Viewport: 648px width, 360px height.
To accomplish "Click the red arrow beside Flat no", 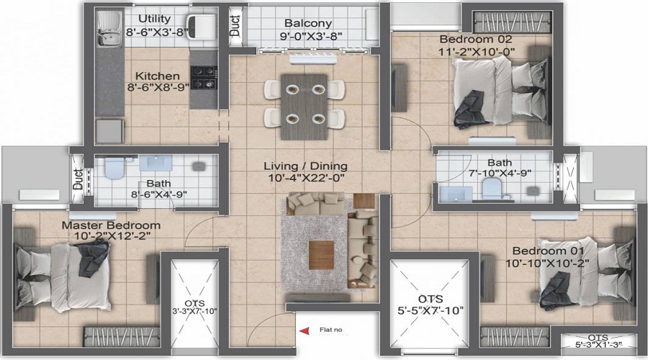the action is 305,330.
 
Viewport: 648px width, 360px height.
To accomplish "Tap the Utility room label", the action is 155,19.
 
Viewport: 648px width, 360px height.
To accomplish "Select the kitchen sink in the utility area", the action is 109,28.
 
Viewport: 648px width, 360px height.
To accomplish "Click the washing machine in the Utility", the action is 202,27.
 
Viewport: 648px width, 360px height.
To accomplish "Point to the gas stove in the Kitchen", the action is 204,78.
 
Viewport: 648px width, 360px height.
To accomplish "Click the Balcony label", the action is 308,24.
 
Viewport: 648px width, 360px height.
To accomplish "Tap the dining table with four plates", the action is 305,107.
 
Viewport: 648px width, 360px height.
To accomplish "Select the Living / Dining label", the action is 305,166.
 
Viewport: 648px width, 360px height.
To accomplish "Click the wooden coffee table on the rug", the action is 321,255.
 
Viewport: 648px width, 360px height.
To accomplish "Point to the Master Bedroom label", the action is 111,225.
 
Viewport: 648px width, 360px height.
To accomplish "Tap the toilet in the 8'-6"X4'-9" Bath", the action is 114,167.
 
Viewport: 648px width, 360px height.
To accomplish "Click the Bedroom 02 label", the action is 476,40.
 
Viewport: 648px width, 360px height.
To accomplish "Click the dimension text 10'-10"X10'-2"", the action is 548,263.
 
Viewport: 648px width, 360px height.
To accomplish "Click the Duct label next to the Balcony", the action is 234,26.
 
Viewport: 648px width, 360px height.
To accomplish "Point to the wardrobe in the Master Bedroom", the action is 122,337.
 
